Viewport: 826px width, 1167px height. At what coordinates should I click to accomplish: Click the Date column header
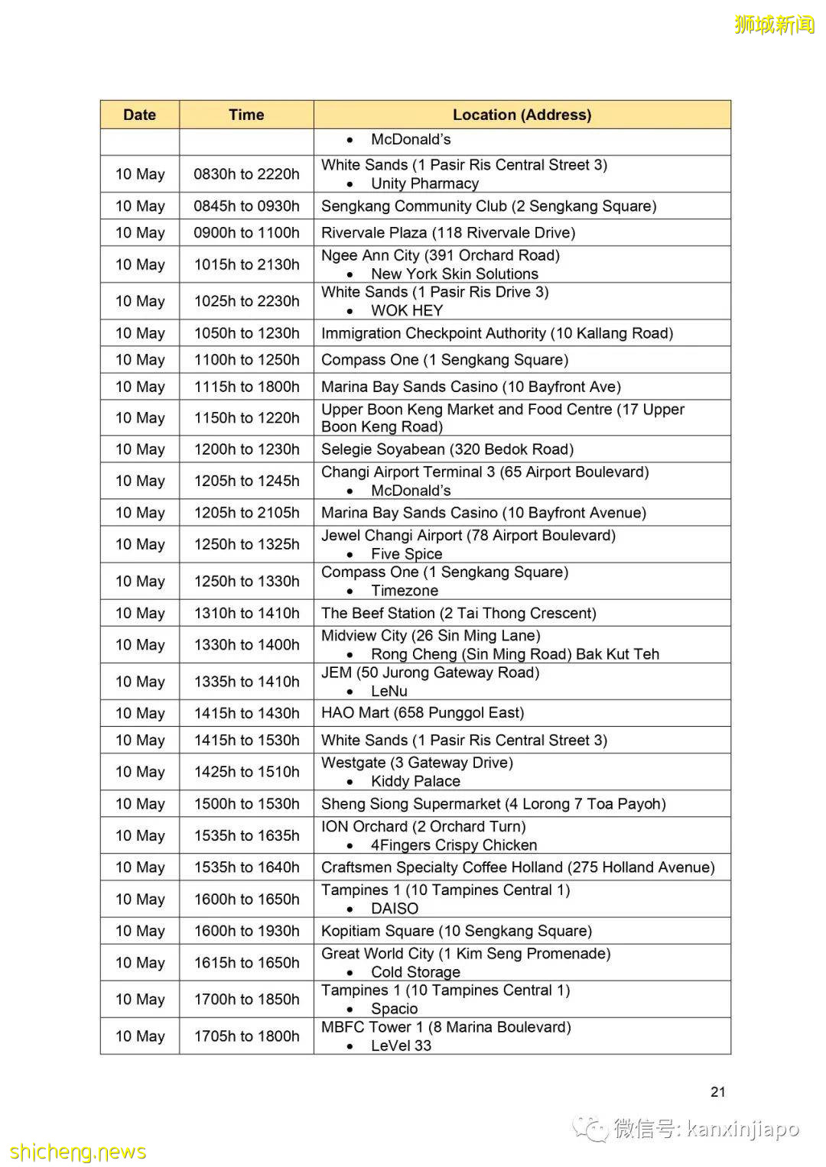(139, 115)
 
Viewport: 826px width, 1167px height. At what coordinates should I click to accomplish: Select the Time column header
(246, 115)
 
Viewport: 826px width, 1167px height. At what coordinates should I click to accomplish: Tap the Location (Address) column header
(522, 115)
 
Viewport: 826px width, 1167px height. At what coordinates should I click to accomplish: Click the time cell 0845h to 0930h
(246, 206)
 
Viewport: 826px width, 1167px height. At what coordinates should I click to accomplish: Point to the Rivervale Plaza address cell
(448, 232)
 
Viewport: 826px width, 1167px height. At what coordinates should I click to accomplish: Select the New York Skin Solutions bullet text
(454, 274)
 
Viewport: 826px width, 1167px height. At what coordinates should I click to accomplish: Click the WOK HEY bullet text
(407, 310)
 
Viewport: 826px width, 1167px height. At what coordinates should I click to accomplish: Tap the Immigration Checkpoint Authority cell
(497, 333)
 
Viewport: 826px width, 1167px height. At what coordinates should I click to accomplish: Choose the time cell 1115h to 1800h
(246, 387)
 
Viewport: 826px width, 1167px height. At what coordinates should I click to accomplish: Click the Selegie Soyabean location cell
(447, 449)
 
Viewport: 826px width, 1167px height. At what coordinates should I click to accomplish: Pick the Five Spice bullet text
(406, 554)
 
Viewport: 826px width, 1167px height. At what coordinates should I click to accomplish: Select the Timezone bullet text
(405, 591)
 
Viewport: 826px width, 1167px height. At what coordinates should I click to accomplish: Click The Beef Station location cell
(459, 613)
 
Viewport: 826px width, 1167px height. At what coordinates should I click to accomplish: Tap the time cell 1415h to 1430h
(246, 713)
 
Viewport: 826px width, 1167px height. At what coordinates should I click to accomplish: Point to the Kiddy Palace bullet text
(415, 781)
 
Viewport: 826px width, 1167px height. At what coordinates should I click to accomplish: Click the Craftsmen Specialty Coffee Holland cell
(518, 867)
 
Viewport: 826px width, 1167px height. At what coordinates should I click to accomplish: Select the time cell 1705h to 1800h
(246, 1036)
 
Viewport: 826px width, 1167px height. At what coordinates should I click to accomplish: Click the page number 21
(717, 1091)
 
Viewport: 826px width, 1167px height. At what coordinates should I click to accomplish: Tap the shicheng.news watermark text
(78, 1152)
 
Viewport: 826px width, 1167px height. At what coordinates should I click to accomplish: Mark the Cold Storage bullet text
(415, 972)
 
